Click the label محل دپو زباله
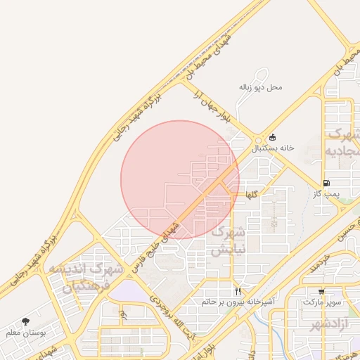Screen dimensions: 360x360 click(x=260, y=87)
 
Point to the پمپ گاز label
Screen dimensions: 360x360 click(x=326, y=193)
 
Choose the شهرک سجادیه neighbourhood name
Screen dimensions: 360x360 click(x=343, y=143)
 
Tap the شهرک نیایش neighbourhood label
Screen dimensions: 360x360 click(x=229, y=240)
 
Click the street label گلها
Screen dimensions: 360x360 click(x=251, y=193)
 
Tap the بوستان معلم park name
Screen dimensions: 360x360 click(x=25, y=333)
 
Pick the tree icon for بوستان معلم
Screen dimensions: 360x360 click(x=26, y=321)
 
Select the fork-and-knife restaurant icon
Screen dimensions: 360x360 click(x=238, y=291)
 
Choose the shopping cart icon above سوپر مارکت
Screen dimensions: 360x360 click(x=321, y=291)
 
